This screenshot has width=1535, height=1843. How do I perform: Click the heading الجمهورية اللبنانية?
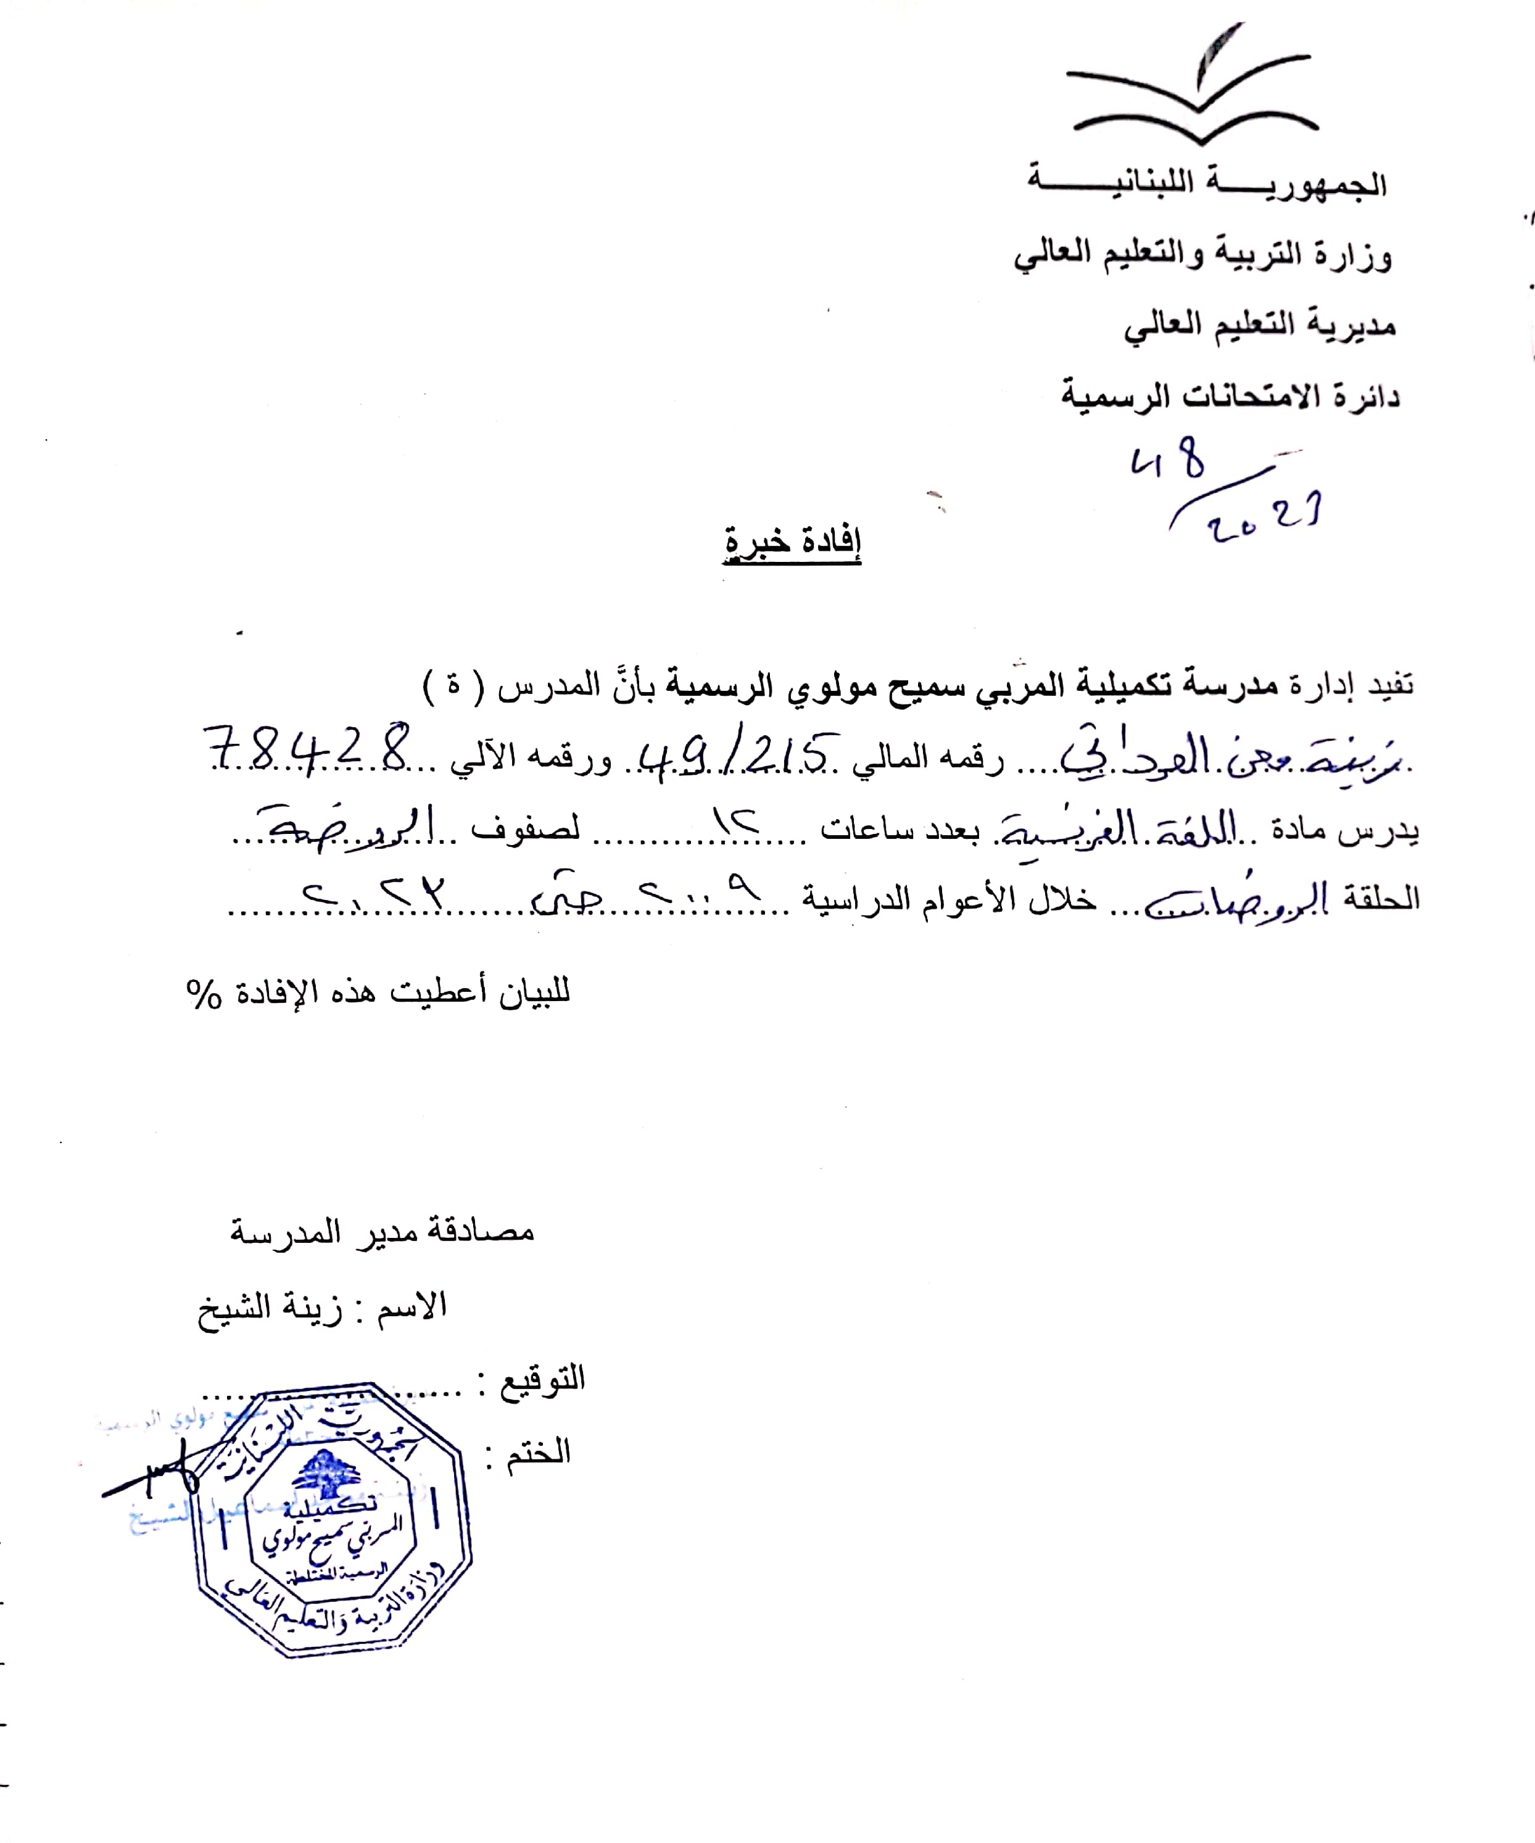point(1207,183)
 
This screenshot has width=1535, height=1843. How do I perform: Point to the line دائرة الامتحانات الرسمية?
point(1230,395)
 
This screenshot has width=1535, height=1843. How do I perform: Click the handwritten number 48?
point(1168,461)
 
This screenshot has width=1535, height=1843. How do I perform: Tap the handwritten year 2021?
point(1264,517)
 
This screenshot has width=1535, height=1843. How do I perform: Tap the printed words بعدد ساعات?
point(887,828)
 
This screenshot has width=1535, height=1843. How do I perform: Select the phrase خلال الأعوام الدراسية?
point(948,899)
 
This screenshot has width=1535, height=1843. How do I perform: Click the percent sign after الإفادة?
point(204,994)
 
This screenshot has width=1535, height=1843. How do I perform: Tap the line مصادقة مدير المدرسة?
point(382,1231)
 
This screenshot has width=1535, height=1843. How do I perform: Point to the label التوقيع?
point(542,1378)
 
